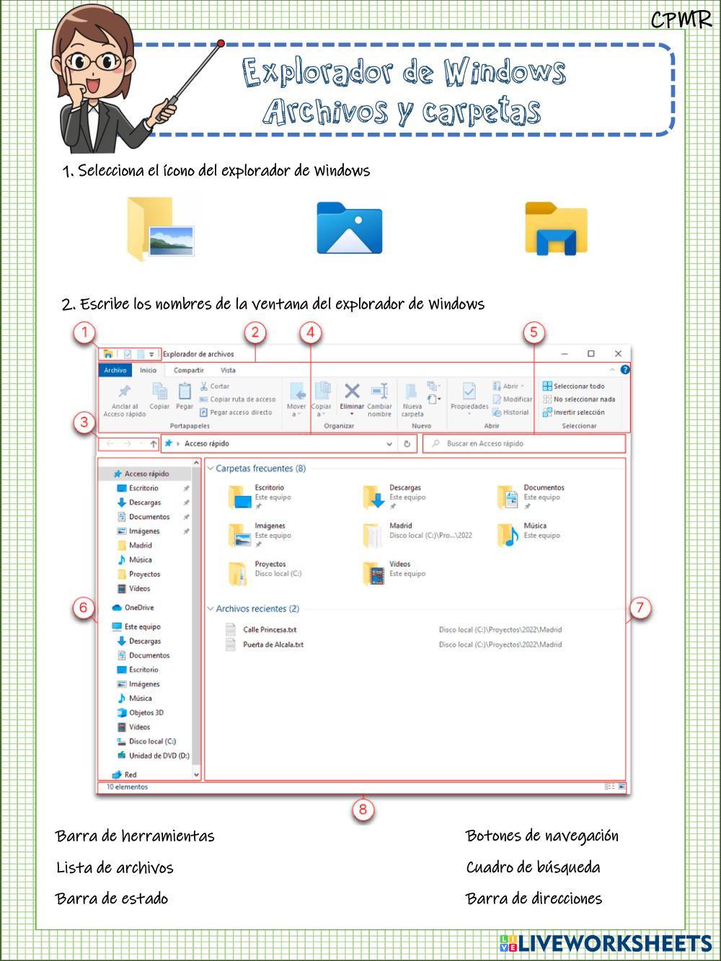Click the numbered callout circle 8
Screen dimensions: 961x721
pyautogui.click(x=363, y=810)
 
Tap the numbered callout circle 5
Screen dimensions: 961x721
pyautogui.click(x=534, y=332)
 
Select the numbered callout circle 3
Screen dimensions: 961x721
pyautogui.click(x=85, y=422)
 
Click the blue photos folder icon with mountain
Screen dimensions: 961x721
pyautogui.click(x=349, y=229)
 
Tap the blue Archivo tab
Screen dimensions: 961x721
pyautogui.click(x=115, y=371)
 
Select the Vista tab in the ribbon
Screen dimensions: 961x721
pyautogui.click(x=228, y=371)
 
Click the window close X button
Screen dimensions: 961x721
pyautogui.click(x=618, y=354)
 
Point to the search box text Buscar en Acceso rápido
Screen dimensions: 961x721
pyautogui.click(x=485, y=444)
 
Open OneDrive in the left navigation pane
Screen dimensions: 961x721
pyautogui.click(x=138, y=608)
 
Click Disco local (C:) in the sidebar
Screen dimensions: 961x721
pyautogui.click(x=151, y=741)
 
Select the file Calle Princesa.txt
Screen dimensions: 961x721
pyautogui.click(x=270, y=630)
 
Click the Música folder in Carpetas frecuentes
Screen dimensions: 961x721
pyautogui.click(x=534, y=526)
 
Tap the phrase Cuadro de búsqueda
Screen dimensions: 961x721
pyautogui.click(x=533, y=867)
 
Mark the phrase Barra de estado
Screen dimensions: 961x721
pyautogui.click(x=112, y=899)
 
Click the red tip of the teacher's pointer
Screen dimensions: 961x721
pyautogui.click(x=221, y=44)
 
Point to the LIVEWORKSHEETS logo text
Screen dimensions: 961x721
pyautogui.click(x=614, y=944)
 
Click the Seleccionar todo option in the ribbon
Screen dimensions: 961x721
pyautogui.click(x=578, y=386)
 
